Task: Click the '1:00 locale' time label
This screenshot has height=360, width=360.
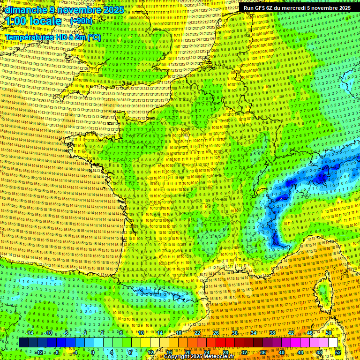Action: point(34,21)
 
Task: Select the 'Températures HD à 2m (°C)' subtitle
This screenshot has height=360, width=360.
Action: point(52,37)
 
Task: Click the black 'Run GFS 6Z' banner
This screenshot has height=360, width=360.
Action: point(297,7)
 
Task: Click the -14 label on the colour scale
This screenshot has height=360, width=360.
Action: point(30,333)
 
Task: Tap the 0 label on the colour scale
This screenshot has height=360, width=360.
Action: point(92,352)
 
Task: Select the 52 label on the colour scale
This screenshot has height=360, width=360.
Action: point(338,352)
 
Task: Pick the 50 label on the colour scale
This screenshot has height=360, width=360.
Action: point(328,333)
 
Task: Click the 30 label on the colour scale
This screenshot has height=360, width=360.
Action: point(234,333)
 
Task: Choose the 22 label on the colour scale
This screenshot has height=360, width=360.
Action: point(197,333)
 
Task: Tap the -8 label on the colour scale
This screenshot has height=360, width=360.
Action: point(56,352)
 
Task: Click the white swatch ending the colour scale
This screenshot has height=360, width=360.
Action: point(333,343)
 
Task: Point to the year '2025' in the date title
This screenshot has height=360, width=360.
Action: point(114,10)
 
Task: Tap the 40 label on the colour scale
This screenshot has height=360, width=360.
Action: point(282,352)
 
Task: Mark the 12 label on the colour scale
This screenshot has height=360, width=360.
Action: point(150,352)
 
